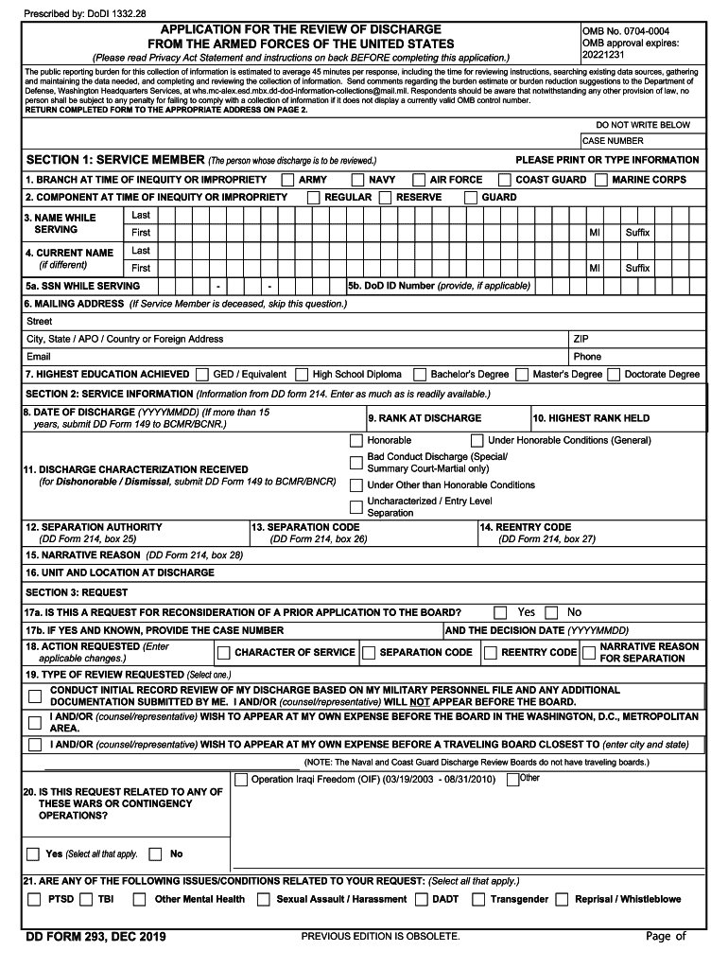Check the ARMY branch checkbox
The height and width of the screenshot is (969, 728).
[287, 180]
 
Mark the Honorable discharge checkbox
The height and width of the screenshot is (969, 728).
[355, 441]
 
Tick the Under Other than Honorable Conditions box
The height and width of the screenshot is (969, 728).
[355, 485]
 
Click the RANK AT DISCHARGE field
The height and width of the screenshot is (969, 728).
[424, 418]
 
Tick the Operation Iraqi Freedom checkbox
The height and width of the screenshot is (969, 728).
[240, 780]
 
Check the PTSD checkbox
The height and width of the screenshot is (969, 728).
[34, 900]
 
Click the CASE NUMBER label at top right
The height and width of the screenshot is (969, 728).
[613, 141]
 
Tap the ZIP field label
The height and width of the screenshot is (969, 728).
[581, 339]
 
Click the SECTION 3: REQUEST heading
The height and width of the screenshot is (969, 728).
[77, 592]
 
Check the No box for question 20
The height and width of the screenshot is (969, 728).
[156, 854]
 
